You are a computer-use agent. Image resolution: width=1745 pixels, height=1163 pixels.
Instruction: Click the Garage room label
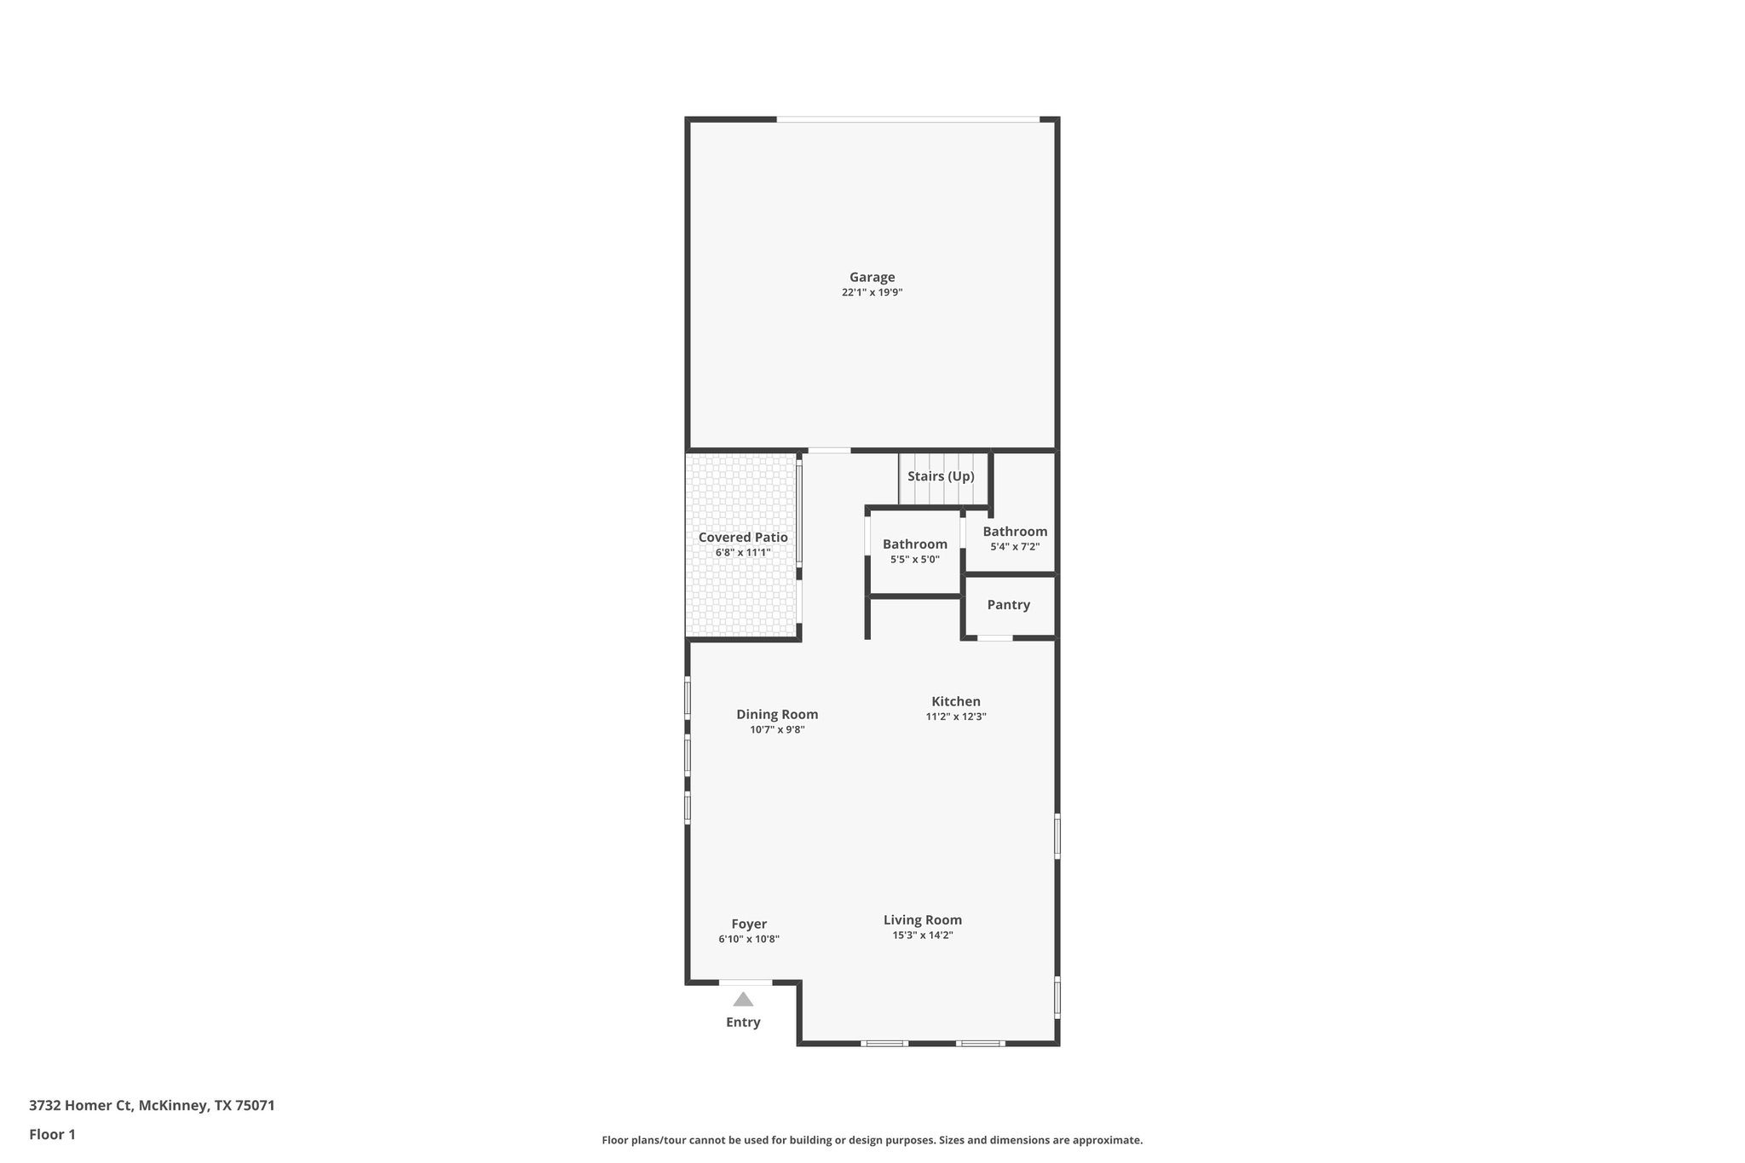click(872, 277)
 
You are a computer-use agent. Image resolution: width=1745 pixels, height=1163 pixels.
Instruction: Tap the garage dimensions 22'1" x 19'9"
click(872, 292)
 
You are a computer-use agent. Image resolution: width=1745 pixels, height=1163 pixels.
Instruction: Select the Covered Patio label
click(743, 538)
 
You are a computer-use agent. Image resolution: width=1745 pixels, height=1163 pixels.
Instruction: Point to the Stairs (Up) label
click(941, 476)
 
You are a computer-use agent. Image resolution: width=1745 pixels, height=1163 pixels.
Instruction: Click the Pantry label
click(1008, 605)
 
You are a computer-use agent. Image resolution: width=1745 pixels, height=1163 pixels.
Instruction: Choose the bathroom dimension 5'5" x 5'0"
click(914, 560)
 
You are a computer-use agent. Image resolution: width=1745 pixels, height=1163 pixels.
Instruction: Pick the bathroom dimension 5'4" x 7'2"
click(1014, 547)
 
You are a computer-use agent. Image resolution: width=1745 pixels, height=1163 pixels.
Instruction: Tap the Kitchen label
click(955, 701)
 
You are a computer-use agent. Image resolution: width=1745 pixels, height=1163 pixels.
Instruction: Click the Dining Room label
click(777, 715)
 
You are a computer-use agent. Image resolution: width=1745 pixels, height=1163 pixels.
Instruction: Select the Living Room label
click(922, 920)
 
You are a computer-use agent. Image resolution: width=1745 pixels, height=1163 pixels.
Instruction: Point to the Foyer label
click(749, 924)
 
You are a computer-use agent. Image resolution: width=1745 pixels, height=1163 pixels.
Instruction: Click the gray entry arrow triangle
click(743, 999)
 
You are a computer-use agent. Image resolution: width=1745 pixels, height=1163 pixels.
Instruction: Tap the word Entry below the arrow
click(743, 1022)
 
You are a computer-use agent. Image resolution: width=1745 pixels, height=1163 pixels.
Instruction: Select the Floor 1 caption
click(52, 1135)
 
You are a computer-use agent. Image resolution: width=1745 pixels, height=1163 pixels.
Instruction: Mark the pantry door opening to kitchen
click(994, 637)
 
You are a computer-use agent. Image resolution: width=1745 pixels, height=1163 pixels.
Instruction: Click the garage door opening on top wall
click(907, 119)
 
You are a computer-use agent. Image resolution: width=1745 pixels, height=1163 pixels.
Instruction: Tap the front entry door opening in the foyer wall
click(746, 982)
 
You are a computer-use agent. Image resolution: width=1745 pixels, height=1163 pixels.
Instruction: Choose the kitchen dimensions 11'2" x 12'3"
click(955, 717)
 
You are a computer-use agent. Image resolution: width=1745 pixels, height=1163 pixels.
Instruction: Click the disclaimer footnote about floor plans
click(872, 1140)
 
